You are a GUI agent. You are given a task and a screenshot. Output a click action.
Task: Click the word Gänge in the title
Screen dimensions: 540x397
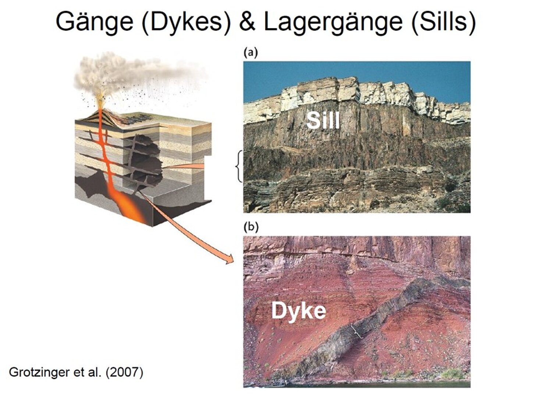pos(95,22)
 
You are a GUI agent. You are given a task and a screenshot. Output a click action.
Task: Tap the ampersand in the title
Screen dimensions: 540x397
pos(247,22)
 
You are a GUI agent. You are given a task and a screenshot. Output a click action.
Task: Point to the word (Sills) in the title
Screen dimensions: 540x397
pos(443,22)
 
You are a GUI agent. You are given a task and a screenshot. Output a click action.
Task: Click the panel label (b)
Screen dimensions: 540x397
pos(251,227)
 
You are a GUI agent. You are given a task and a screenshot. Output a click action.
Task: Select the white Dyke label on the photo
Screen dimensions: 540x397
pos(299,311)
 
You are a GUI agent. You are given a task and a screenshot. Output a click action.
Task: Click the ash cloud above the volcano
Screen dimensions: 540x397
pos(135,72)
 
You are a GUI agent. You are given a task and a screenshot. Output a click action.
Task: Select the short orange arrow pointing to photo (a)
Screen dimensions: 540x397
pos(184,166)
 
